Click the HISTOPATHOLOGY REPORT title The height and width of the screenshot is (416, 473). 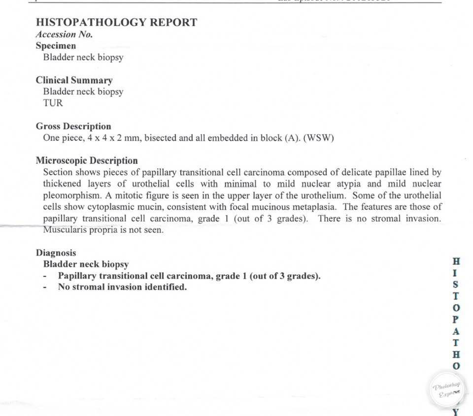coord(116,22)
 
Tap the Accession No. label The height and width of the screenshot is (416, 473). coord(64,34)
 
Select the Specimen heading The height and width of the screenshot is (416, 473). coord(56,46)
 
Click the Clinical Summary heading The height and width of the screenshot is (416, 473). coord(74,80)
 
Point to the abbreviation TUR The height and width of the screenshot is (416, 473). coord(53,103)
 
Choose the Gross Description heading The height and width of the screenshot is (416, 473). coord(73,127)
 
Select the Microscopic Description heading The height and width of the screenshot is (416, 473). coord(87,160)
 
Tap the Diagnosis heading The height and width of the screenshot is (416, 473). coord(56,253)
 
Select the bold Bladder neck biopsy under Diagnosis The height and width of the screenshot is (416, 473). coord(86,264)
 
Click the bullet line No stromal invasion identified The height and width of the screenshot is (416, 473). coord(122,287)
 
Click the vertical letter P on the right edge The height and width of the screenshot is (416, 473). coord(456,320)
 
